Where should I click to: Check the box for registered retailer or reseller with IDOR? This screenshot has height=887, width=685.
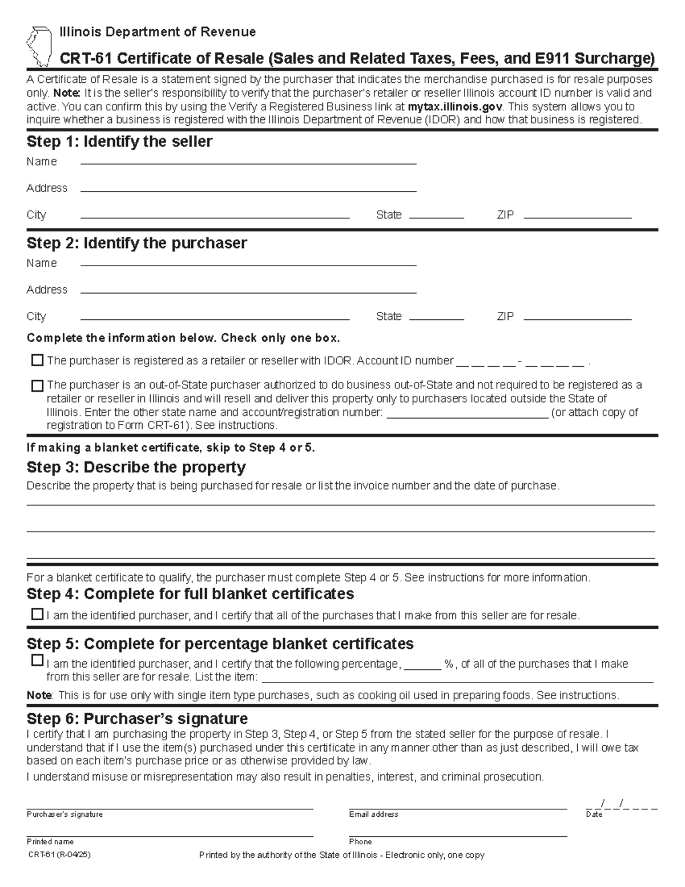[37, 360]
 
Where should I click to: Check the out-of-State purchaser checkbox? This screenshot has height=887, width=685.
[37, 386]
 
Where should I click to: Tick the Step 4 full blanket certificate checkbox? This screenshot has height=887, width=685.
[37, 615]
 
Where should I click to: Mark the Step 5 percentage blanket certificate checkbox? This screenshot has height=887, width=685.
[37, 661]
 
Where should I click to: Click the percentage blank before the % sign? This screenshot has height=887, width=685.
[422, 665]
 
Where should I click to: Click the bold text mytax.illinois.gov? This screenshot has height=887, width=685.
[454, 107]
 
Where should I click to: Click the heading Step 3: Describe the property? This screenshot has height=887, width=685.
[136, 467]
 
